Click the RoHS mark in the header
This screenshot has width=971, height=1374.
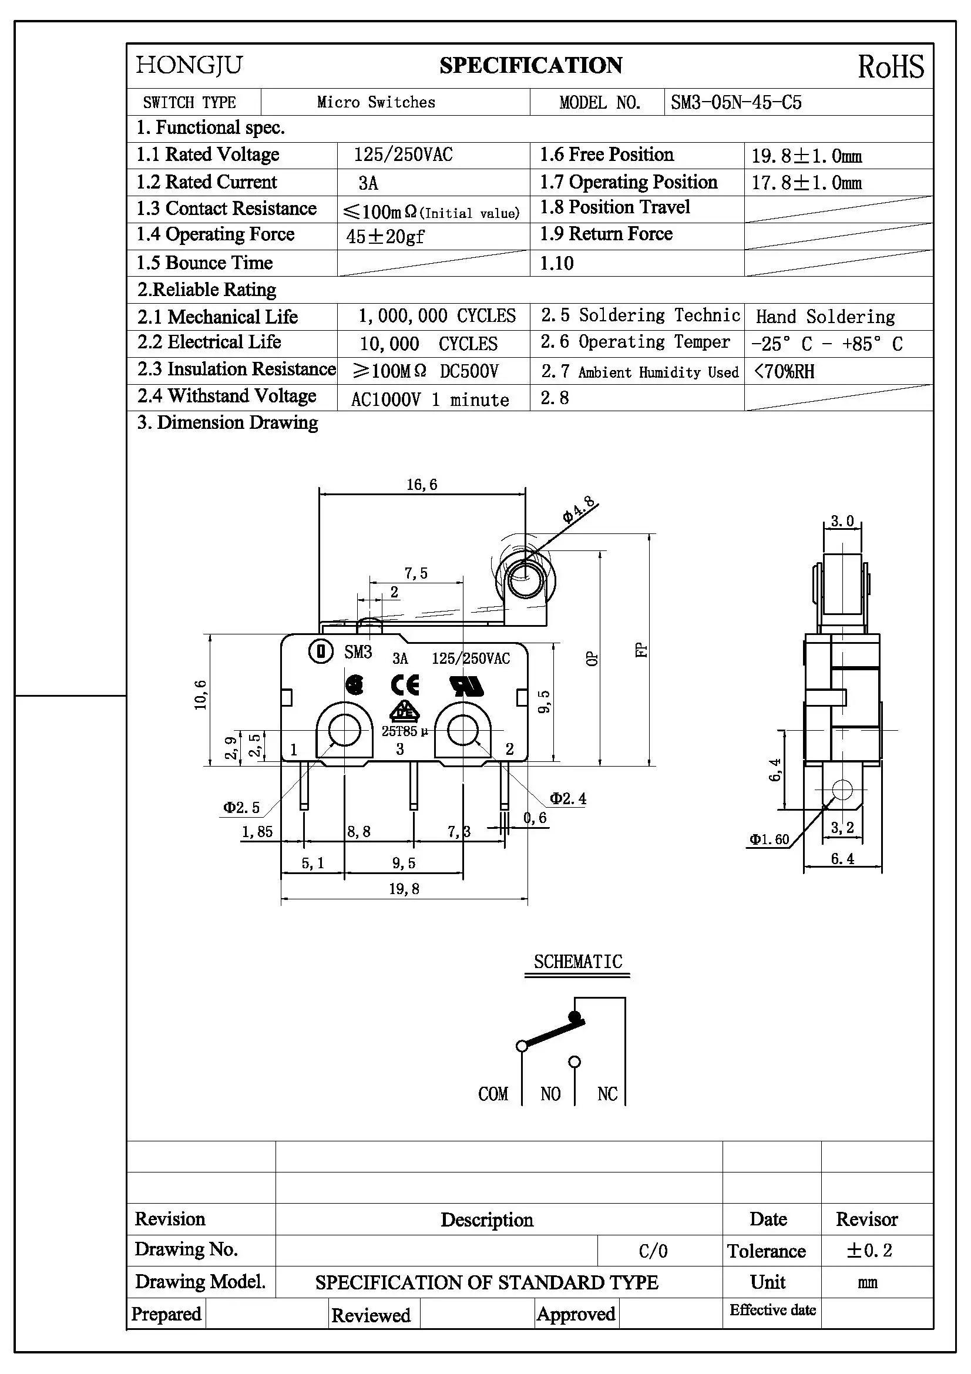point(891,66)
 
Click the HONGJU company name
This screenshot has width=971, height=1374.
point(189,65)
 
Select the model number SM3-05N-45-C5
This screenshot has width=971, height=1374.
point(735,102)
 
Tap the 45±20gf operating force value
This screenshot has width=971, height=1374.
point(385,236)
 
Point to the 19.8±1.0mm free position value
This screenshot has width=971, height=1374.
point(806,156)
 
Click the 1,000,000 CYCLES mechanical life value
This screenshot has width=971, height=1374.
point(436,316)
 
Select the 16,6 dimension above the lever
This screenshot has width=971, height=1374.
point(422,485)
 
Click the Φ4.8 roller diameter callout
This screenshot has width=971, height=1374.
point(579,510)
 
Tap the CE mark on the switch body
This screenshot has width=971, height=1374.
point(405,685)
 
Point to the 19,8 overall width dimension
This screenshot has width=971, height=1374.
point(404,889)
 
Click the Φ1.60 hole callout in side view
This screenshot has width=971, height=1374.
point(770,839)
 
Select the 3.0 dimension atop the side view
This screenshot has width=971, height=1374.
point(842,521)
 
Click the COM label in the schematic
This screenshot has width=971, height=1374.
point(493,1094)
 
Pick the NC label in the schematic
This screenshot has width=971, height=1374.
point(607,1094)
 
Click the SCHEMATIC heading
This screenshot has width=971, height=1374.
point(578,962)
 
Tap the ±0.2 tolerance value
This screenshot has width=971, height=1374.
point(869,1251)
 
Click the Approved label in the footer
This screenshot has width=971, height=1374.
point(576,1314)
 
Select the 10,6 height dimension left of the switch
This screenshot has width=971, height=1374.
point(200,696)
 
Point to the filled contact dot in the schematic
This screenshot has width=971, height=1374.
point(574,1016)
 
